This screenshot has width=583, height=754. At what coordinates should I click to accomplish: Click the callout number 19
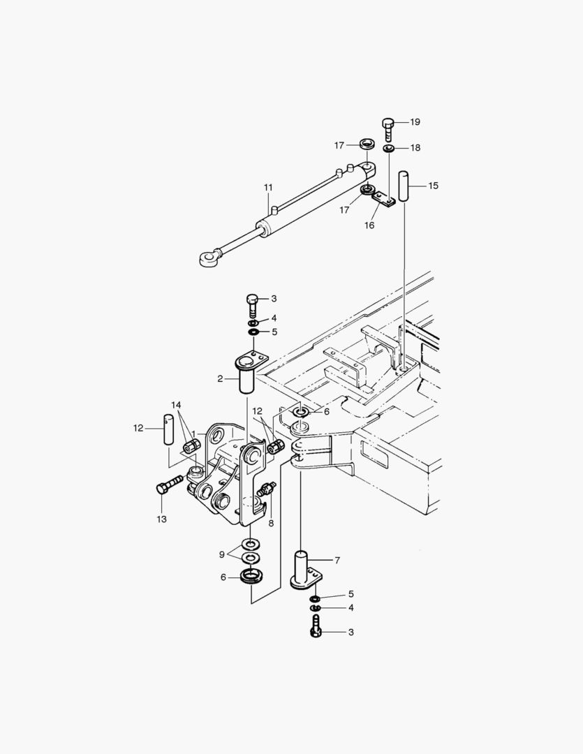tap(415, 122)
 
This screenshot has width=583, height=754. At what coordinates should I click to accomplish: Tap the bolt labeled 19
tap(388, 129)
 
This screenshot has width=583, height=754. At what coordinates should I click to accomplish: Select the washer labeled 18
tap(389, 149)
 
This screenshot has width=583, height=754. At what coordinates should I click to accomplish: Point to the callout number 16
tap(369, 225)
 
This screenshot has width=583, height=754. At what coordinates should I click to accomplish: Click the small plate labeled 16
tap(385, 198)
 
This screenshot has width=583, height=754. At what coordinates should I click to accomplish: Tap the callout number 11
tap(268, 187)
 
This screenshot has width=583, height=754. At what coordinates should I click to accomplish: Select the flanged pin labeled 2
tap(249, 373)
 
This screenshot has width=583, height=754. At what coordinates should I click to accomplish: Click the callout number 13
tap(161, 519)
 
